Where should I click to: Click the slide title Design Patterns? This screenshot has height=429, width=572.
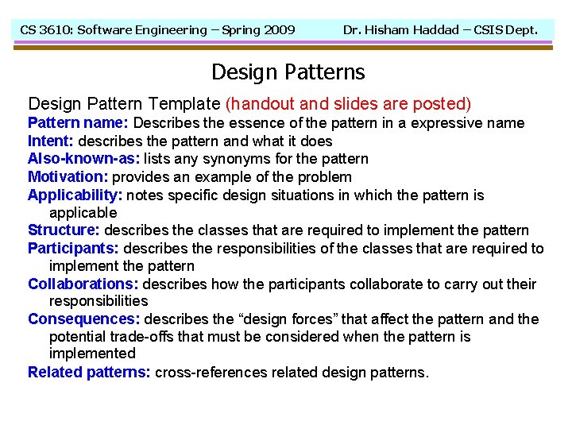click(x=288, y=72)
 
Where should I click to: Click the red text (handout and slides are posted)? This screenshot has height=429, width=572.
click(x=349, y=103)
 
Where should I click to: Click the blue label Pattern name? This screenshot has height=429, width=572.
click(x=78, y=123)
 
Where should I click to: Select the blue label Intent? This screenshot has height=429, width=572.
click(x=51, y=141)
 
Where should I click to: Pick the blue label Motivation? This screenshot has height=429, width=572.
click(x=68, y=177)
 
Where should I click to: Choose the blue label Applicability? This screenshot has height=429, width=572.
click(x=75, y=195)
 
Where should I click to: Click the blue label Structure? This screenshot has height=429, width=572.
click(x=64, y=230)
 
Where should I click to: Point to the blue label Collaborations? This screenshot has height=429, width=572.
click(x=83, y=284)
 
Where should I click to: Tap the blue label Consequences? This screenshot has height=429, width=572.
click(x=84, y=319)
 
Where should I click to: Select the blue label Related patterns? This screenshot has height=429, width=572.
click(x=89, y=372)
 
